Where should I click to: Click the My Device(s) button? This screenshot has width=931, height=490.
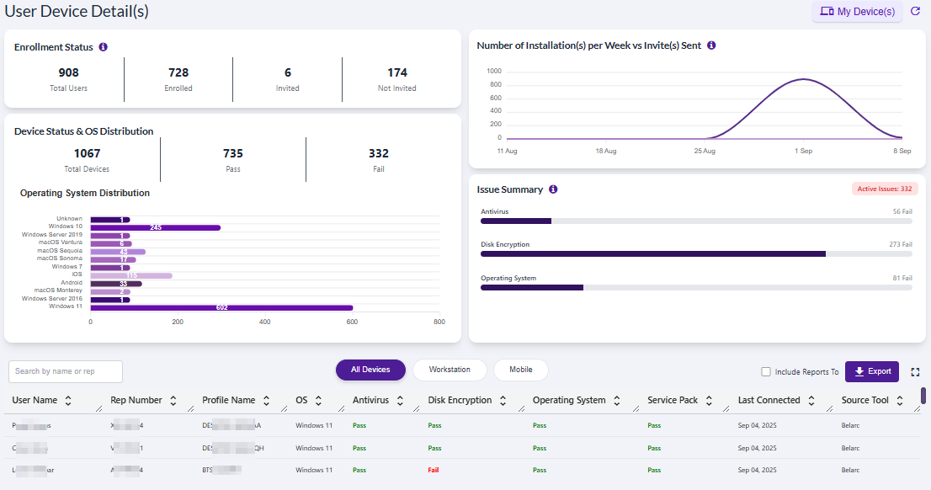click(857, 12)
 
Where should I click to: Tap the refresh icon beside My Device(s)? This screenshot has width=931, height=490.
click(916, 12)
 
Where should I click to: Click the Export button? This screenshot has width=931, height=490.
click(872, 371)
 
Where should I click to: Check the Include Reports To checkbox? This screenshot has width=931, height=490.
click(766, 371)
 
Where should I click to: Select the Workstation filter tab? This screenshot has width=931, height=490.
click(450, 370)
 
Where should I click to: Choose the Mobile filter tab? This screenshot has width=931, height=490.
click(520, 370)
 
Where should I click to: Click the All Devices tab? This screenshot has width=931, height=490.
click(370, 370)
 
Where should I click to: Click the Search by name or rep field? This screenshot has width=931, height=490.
click(66, 371)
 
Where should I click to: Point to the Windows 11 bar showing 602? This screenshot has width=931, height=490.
click(221, 307)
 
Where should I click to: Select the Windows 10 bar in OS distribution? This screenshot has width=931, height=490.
click(156, 227)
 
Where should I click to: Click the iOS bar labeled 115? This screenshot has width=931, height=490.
click(131, 275)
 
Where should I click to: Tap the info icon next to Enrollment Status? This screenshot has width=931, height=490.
click(103, 47)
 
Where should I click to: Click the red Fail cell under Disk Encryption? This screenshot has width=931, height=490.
click(434, 470)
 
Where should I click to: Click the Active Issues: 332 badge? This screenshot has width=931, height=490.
click(884, 189)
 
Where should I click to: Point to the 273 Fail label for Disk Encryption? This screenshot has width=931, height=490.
click(896, 244)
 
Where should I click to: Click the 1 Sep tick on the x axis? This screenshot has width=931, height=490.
click(802, 152)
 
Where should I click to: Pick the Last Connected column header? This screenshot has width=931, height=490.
click(769, 401)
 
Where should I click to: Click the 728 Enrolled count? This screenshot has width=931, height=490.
click(178, 73)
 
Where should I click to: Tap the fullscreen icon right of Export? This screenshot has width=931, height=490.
click(915, 371)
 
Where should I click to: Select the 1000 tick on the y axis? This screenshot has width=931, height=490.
click(494, 72)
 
